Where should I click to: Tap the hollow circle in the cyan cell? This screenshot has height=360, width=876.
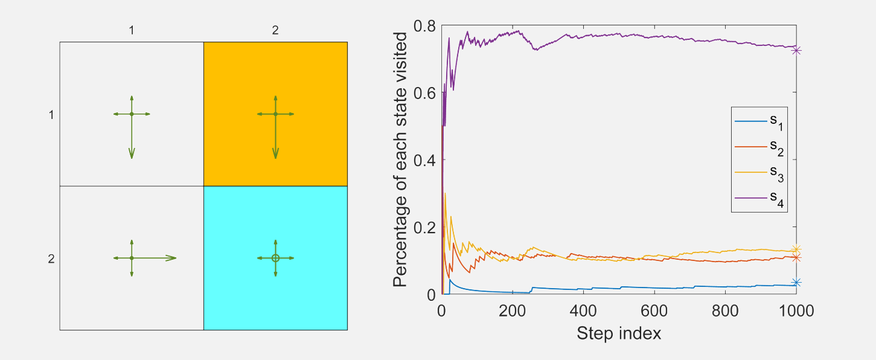(275, 258)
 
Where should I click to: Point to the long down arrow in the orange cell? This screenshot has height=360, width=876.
(275, 139)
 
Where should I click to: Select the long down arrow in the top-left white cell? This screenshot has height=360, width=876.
(132, 139)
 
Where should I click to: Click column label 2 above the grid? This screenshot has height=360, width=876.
(275, 30)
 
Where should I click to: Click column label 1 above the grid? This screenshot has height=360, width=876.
(132, 30)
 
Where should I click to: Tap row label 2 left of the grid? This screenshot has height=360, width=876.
(51, 260)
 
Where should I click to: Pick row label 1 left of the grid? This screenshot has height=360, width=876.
(51, 115)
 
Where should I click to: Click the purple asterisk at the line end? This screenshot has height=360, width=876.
(796, 50)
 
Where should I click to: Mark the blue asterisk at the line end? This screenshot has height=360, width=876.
(796, 282)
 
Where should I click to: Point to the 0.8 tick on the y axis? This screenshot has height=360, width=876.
(426, 26)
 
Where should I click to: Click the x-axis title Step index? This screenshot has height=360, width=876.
(619, 333)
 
